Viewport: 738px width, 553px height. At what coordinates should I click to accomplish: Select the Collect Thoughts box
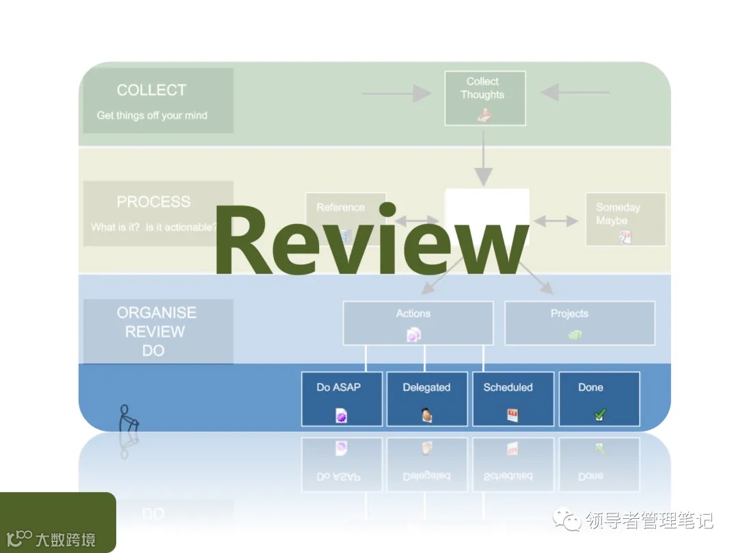coord(485,98)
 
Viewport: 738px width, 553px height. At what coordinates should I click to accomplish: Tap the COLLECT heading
coord(151,90)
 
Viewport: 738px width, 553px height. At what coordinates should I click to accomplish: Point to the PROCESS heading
coord(153,202)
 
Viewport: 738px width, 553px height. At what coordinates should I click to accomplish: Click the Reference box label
coord(340,208)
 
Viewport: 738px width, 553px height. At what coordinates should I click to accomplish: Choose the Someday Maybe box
coord(625,218)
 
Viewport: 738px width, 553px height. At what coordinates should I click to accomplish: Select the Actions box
coord(418,322)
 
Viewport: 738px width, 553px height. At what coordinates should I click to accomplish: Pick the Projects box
coord(579,322)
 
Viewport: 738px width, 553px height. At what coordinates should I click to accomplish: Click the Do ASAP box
coord(342,398)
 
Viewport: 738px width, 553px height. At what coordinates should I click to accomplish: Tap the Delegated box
coord(427,398)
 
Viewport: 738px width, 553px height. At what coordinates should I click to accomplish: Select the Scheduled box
coord(512,398)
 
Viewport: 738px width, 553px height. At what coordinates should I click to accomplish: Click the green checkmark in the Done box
coord(599,414)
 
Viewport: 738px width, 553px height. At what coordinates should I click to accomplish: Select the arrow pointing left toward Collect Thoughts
coord(574,92)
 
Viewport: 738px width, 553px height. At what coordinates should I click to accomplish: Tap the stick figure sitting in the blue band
coord(127,419)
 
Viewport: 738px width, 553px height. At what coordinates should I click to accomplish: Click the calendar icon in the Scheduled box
coord(512,414)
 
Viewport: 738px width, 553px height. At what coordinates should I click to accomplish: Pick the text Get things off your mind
coord(152,115)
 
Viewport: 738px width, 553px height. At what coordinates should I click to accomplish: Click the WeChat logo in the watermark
coord(569,520)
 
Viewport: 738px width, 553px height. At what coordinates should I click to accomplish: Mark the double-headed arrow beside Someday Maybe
coord(556,221)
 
